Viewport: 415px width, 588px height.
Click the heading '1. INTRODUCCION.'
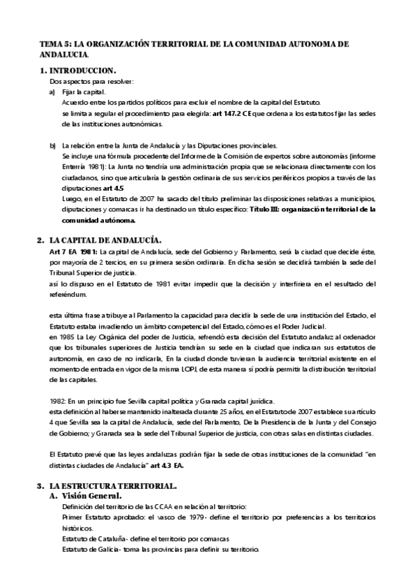(x=78, y=71)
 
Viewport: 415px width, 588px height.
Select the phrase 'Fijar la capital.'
(x=83, y=92)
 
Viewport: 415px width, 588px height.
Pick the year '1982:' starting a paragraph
(x=58, y=401)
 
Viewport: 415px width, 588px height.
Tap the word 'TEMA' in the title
(x=51, y=44)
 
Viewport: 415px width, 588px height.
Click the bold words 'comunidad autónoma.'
(x=97, y=219)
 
